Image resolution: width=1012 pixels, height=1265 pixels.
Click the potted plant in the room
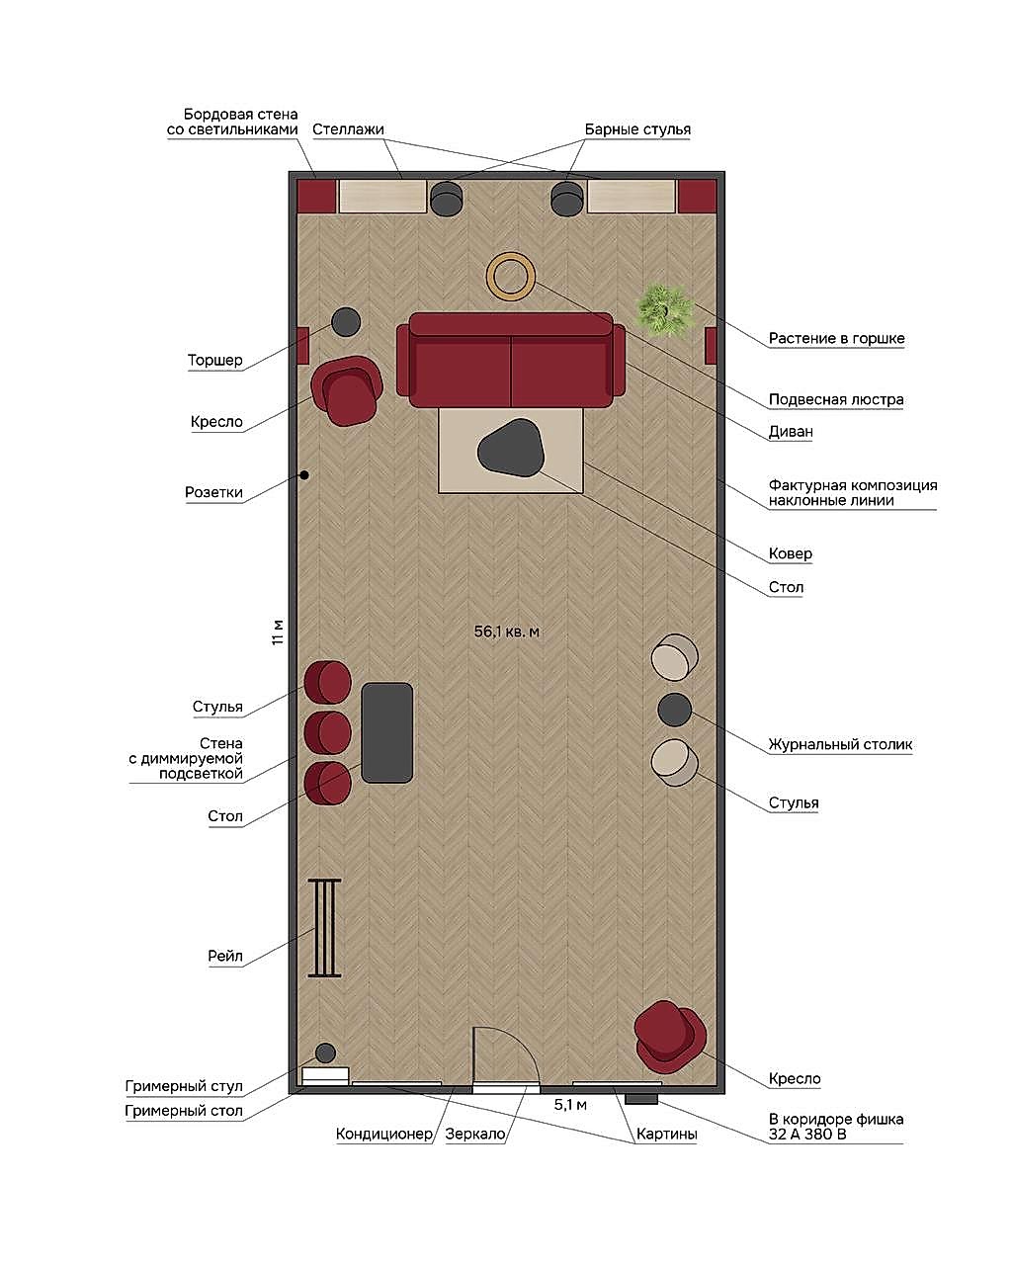click(666, 309)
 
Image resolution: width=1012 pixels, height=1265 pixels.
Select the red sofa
click(510, 360)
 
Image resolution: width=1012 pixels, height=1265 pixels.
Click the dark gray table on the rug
click(510, 448)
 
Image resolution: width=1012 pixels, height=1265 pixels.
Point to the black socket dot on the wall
click(304, 475)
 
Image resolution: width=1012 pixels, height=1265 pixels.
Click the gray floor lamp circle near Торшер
click(346, 322)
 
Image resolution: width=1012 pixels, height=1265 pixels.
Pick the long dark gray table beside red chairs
click(387, 732)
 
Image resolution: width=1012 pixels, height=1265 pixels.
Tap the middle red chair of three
click(327, 732)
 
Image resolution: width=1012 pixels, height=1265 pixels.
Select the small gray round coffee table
click(674, 710)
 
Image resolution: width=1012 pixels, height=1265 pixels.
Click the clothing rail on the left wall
click(324, 928)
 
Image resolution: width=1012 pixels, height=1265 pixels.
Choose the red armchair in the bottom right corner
click(670, 1037)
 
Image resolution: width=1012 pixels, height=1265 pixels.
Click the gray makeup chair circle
click(325, 1053)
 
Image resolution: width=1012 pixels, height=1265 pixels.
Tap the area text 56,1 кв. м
click(506, 632)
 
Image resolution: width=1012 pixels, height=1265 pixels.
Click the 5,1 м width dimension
click(570, 1105)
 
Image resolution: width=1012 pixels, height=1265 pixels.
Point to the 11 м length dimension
click(278, 632)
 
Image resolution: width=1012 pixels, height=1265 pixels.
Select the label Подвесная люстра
click(835, 399)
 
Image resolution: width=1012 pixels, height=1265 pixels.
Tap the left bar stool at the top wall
click(447, 198)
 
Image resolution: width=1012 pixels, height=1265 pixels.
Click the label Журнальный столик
click(840, 744)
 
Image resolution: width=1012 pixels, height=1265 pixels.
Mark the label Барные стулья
click(637, 129)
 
